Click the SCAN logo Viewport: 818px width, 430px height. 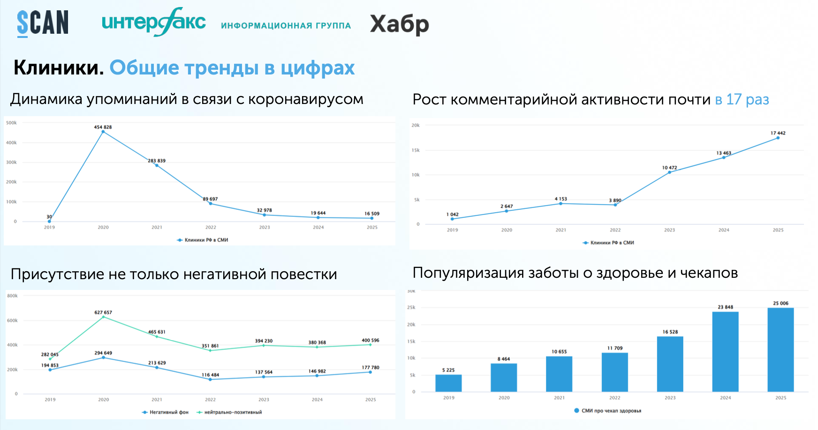click(x=43, y=23)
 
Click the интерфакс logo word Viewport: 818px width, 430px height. click(x=153, y=22)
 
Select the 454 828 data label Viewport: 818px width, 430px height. click(x=103, y=127)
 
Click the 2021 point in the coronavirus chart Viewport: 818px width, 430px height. click(x=157, y=165)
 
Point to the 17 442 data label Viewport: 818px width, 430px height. click(x=778, y=133)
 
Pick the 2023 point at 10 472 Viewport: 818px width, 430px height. click(x=669, y=172)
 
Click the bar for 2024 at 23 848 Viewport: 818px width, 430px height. click(x=725, y=351)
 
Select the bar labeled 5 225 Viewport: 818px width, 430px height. click(x=448, y=383)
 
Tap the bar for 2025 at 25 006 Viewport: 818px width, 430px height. click(x=780, y=349)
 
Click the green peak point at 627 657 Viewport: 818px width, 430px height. click(x=104, y=317)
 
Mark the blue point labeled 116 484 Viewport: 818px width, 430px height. click(x=210, y=379)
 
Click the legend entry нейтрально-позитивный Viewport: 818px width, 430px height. click(x=233, y=412)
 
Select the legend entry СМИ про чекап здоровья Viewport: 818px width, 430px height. click(x=611, y=411)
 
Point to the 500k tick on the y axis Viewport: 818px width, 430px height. click(x=11, y=123)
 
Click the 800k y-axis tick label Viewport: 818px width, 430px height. click(x=12, y=296)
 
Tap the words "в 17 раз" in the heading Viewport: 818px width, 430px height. click(x=742, y=99)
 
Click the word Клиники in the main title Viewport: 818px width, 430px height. click(x=58, y=68)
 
